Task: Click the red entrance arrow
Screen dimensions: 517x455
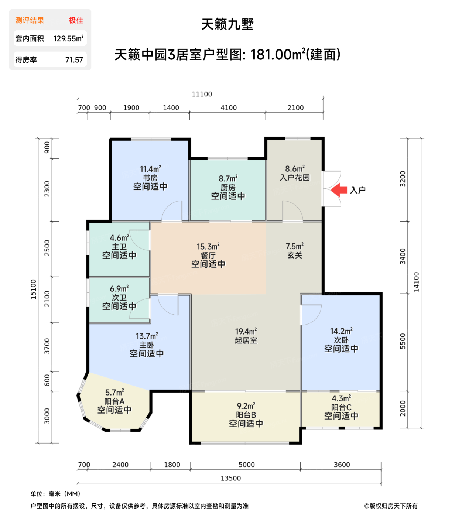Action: click(x=339, y=190)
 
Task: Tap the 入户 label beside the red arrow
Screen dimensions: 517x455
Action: click(x=357, y=190)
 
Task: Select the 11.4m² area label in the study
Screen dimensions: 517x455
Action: click(x=150, y=169)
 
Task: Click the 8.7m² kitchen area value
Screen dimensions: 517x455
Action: click(x=228, y=179)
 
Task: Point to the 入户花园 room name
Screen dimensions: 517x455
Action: click(x=295, y=178)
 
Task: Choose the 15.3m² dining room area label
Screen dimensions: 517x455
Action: click(x=208, y=246)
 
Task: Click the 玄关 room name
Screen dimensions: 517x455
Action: click(x=295, y=255)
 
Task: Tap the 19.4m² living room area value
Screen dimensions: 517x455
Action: click(x=246, y=331)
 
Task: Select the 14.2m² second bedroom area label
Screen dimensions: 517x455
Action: click(x=341, y=331)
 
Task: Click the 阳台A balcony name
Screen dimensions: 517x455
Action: click(x=114, y=401)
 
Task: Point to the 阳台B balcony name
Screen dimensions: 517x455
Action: click(x=246, y=415)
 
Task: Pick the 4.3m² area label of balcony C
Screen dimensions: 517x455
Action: click(x=341, y=398)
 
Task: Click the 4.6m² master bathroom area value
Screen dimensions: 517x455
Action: click(x=119, y=238)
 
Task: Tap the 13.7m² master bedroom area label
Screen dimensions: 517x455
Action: click(x=147, y=336)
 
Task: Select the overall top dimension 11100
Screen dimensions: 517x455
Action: click(x=202, y=94)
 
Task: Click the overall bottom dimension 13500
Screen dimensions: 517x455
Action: click(x=230, y=478)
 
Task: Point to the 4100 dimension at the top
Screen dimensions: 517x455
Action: click(x=229, y=108)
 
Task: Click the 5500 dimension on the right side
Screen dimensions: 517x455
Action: click(x=403, y=341)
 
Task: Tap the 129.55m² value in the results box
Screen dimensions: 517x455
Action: click(x=68, y=38)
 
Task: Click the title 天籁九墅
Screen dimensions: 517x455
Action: click(x=227, y=24)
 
